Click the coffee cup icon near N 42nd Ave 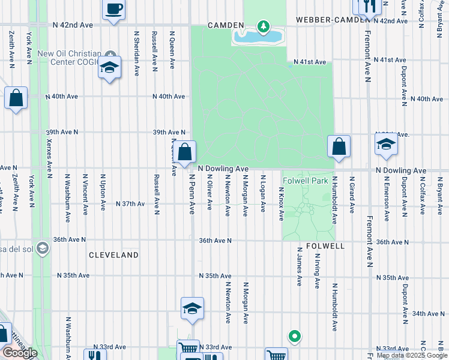(x=114, y=9)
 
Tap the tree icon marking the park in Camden (x=262, y=26)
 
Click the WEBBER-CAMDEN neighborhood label (x=331, y=20)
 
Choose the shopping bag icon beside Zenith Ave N (x=16, y=98)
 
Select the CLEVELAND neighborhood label (x=113, y=255)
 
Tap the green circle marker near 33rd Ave (x=294, y=337)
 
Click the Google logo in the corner (x=19, y=353)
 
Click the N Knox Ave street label (x=281, y=203)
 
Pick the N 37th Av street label (x=130, y=204)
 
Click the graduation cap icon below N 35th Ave (x=193, y=308)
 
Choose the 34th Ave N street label (x=427, y=314)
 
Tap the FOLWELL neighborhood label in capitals (x=325, y=247)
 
